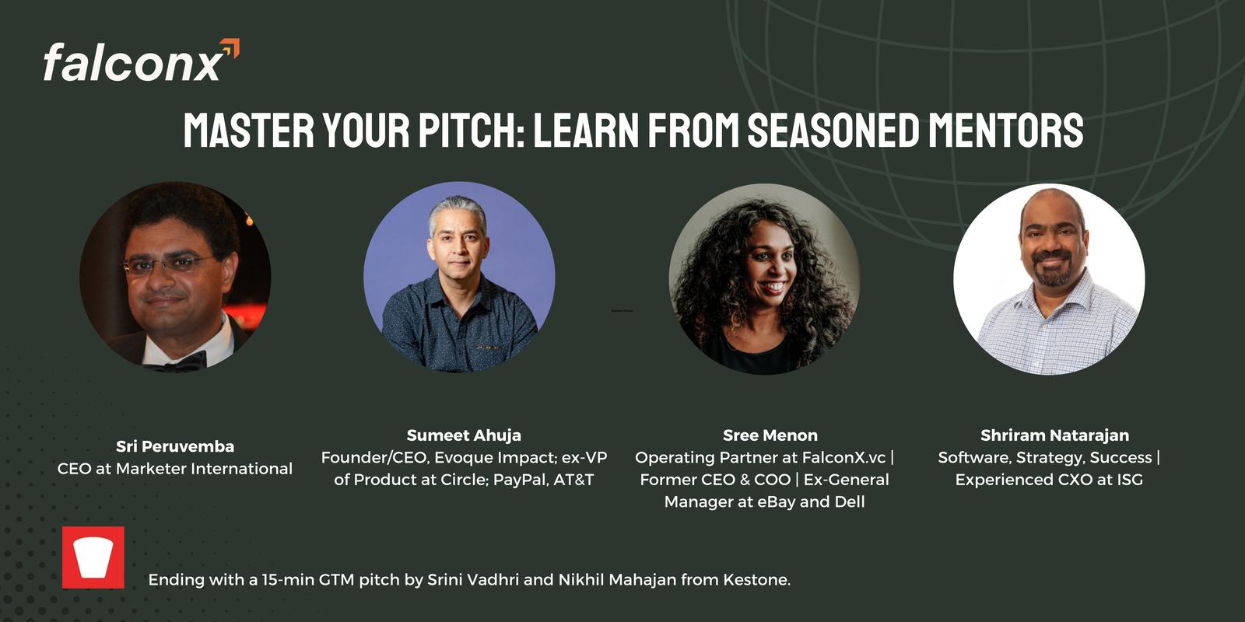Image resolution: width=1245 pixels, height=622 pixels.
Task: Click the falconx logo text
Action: tap(133, 63)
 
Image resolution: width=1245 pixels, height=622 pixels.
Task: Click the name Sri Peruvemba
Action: tap(175, 446)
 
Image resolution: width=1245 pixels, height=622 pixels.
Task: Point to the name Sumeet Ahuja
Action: tap(464, 435)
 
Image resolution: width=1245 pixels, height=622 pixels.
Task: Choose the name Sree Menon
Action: tap(770, 435)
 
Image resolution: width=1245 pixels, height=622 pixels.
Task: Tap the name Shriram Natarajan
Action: tap(1054, 435)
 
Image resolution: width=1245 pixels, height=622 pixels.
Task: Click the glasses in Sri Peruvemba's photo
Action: tap(170, 264)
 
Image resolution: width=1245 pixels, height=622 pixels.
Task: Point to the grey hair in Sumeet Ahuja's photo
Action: tap(457, 211)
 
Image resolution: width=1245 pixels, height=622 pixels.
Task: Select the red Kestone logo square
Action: tap(93, 557)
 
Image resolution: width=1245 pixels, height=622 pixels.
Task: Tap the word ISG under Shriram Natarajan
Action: tap(1129, 480)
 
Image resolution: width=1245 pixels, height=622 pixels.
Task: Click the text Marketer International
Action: tap(204, 469)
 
